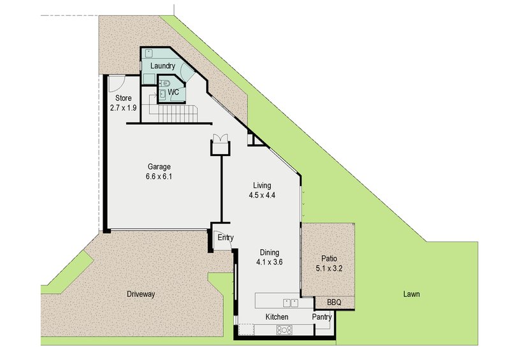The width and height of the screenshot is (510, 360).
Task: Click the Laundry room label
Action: click(162, 66)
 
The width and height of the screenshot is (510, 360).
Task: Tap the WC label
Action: click(172, 92)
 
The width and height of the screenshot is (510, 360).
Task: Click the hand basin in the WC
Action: click(162, 94)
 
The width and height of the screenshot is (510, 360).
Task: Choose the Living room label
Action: click(261, 185)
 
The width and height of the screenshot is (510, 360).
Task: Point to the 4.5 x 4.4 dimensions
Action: click(261, 196)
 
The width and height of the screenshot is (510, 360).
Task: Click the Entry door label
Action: click(226, 238)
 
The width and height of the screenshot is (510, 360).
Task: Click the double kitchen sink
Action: click(291, 303)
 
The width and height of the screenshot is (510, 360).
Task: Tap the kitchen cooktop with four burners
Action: click(284, 329)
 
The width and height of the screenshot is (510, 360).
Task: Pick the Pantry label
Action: click(322, 317)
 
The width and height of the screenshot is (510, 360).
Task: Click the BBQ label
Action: click(334, 302)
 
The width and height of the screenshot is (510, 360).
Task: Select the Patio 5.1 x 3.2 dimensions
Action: click(329, 268)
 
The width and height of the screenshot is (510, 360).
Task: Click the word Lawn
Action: click(411, 294)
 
